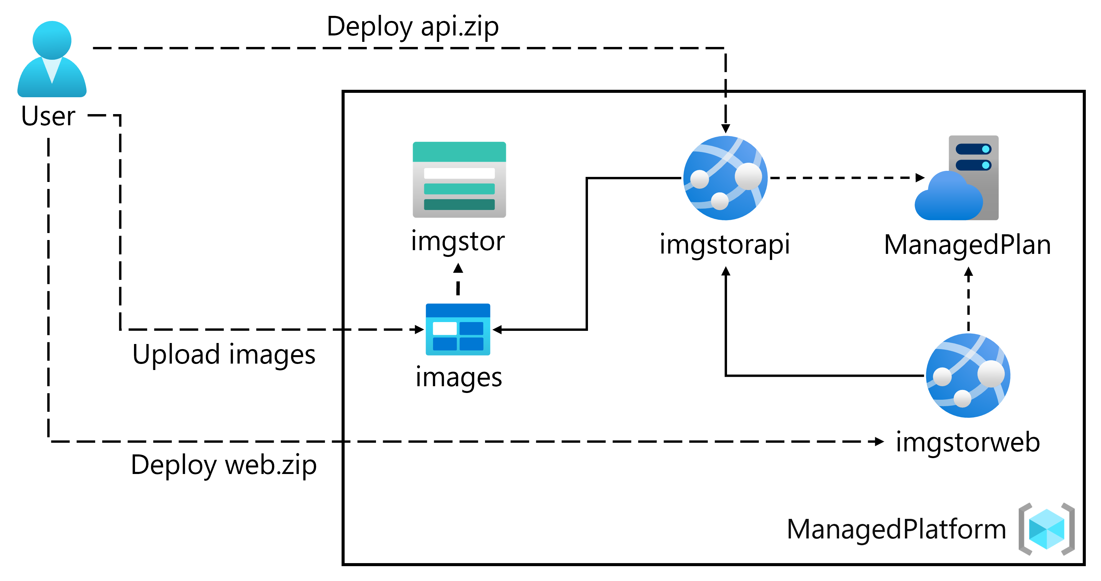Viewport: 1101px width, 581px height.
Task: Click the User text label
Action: (48, 116)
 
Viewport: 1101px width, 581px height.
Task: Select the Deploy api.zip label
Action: (412, 27)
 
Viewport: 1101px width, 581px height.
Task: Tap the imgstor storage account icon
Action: (459, 180)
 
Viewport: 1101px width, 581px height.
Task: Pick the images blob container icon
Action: (458, 329)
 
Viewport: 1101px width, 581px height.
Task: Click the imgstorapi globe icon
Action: (725, 178)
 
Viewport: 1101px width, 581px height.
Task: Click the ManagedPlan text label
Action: (967, 245)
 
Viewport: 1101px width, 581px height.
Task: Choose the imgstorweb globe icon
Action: (968, 375)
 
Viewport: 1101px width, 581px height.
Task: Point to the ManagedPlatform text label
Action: (896, 529)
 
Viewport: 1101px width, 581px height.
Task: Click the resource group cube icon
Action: (1046, 529)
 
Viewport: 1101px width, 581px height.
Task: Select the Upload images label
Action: (223, 354)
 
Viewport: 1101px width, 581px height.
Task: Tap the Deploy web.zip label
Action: (223, 465)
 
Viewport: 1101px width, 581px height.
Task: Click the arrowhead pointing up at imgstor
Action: (458, 268)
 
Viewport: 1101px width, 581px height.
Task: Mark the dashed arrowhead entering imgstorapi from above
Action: (725, 129)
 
